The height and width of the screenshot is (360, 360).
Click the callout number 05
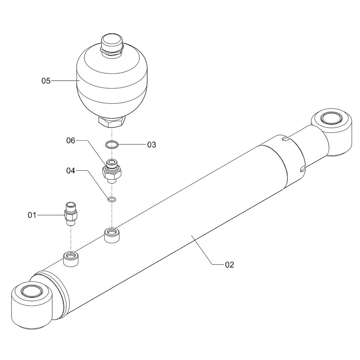pos(46,81)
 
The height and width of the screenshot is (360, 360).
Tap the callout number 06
pos(71,140)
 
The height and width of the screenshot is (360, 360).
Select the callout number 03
pos(152,145)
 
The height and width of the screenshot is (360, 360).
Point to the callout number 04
pos(71,171)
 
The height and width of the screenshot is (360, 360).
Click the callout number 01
pos(32,215)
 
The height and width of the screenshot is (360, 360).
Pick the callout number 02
pos(230,265)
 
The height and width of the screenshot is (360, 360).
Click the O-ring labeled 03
pos(112,145)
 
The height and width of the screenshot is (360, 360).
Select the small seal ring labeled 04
pos(112,199)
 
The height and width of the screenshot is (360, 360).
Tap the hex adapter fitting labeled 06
pos(112,171)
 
